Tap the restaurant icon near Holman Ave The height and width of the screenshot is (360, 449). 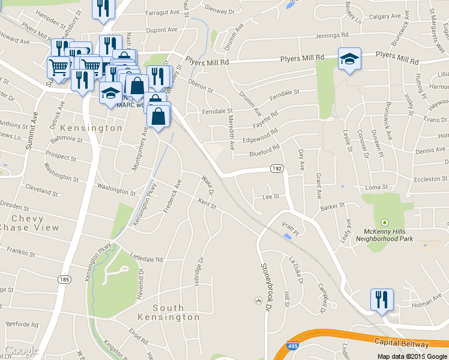[x=382, y=299]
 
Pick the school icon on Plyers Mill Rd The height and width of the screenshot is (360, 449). [x=349, y=59]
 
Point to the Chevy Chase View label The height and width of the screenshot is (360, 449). [x=30, y=223]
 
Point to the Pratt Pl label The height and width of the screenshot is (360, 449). [x=290, y=224]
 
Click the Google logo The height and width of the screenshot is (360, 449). [x=21, y=351]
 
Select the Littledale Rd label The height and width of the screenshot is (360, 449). [x=142, y=260]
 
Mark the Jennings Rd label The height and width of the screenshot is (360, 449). [x=331, y=35]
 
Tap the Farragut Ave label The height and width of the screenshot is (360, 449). [x=162, y=11]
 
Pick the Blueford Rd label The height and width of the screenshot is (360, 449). [x=265, y=150]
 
